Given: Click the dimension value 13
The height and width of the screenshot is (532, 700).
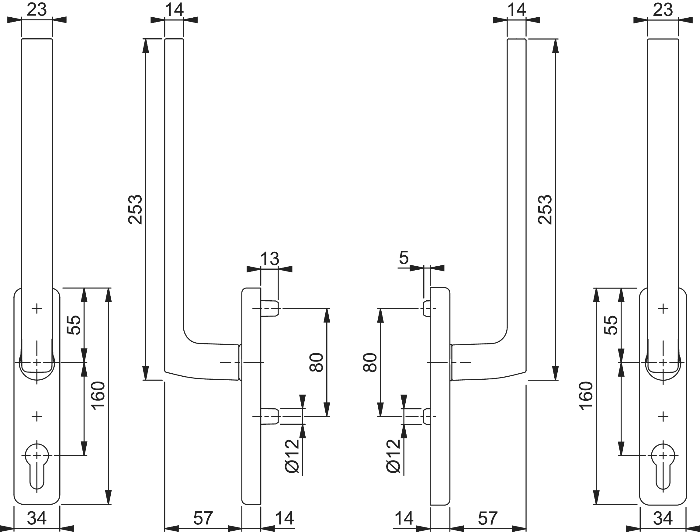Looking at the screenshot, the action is pos(269,259).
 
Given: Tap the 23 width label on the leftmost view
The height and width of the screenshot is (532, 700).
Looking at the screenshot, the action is pos(37,9).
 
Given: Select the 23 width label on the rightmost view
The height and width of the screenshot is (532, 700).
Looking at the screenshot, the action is pos(663,9).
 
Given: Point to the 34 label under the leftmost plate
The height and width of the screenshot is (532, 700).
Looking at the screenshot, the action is pos(37,518).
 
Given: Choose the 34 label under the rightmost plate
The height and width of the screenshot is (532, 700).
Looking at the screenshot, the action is pos(663,518).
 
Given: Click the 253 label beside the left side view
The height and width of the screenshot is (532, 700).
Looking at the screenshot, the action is pos(135,210).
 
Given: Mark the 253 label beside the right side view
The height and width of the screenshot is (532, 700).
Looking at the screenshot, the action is pos(545,210).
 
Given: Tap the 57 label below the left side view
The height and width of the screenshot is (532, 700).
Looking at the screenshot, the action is pos(203,518).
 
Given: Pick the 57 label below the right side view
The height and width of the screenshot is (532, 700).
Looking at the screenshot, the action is pos(487,518).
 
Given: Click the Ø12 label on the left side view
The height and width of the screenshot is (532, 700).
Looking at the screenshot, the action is pos(292,456).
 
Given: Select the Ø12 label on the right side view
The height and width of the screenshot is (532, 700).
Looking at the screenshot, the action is pos(393,456).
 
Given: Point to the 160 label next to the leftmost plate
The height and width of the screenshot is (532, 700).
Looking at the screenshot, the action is pos(98,396).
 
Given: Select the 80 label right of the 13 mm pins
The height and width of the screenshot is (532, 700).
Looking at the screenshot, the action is pos(316,362).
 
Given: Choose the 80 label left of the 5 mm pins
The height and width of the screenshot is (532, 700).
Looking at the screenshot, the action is pos(370,362).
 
